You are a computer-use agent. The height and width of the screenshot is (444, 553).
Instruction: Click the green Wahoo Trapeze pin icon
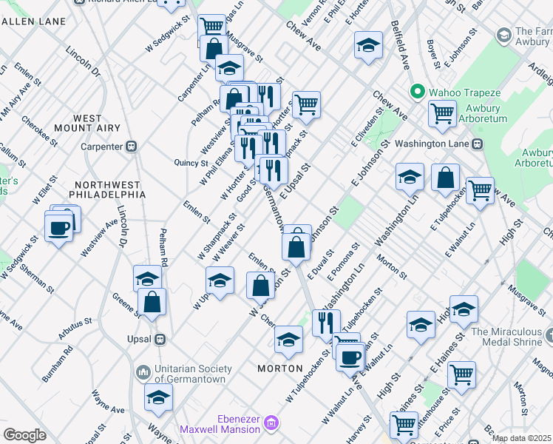(x=417, y=92)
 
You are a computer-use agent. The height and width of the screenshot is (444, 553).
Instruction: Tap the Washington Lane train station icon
(x=478, y=143)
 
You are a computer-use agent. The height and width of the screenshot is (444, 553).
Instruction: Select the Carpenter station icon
(x=132, y=147)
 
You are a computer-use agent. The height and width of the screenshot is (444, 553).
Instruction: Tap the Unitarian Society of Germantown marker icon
(x=143, y=370)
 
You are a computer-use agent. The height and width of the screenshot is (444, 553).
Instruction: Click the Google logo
(x=24, y=434)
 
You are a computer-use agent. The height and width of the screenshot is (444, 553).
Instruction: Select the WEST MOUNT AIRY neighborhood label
(x=98, y=123)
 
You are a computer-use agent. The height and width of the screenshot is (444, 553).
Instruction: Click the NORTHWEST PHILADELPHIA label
(x=107, y=189)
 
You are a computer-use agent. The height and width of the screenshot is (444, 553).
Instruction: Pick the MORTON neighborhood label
(x=279, y=369)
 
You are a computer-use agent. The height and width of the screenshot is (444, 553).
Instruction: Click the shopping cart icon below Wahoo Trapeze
(x=443, y=113)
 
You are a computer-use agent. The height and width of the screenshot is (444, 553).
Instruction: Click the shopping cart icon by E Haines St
(x=461, y=374)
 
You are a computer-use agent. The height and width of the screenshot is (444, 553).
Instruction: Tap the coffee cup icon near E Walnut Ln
(x=350, y=356)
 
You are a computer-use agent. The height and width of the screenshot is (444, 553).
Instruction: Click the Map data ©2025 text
(x=521, y=438)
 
